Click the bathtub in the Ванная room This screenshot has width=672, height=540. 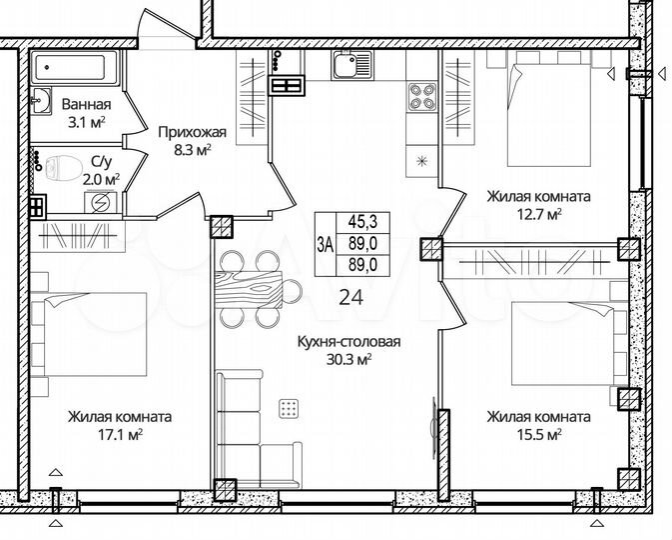pos(76,69)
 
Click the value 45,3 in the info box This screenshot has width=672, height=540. pos(361,224)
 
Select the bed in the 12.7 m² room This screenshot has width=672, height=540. pos(549,111)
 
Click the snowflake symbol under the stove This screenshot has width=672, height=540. pos(420,160)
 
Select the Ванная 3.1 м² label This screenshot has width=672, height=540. pos(86,112)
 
